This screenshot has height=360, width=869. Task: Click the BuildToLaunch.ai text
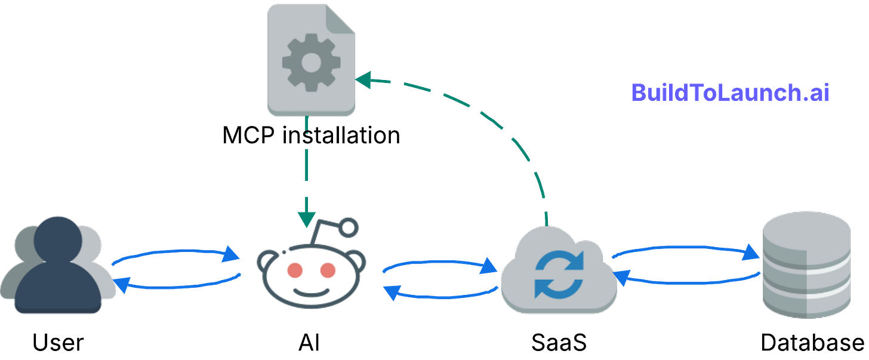click(729, 93)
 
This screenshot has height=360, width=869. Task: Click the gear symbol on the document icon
click(311, 62)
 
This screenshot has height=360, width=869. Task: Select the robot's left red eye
click(294, 270)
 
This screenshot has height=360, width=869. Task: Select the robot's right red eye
click(328, 270)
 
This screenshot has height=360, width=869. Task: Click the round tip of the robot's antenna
click(349, 227)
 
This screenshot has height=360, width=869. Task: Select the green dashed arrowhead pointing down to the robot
click(307, 220)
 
